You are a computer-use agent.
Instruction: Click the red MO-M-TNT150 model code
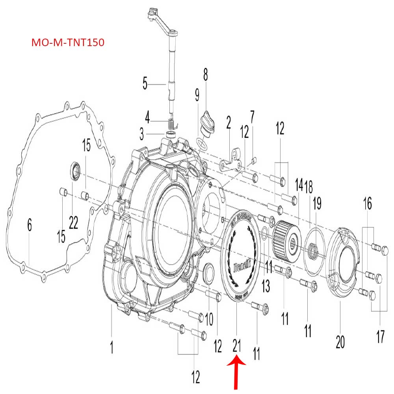click(68, 43)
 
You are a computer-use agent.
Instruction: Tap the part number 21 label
click(237, 346)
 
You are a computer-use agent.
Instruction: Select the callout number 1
click(112, 348)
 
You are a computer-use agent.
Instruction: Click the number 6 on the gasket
click(30, 226)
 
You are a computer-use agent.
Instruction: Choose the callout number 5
click(145, 84)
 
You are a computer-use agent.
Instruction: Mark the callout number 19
click(317, 204)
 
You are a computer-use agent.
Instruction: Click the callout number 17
click(380, 337)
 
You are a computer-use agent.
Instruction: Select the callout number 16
click(367, 204)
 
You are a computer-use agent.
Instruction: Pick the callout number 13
click(266, 286)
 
